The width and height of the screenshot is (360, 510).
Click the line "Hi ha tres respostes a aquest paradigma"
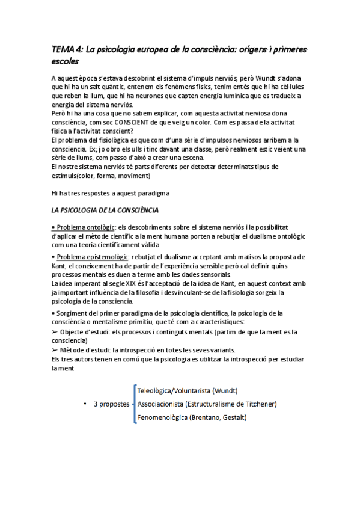(111, 193)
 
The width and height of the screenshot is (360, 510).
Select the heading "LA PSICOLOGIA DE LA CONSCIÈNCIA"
(105, 210)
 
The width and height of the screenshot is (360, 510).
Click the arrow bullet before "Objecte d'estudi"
(55, 332)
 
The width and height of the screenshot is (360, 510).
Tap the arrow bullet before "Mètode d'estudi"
(55, 351)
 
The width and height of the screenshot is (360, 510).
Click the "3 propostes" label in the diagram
(112, 404)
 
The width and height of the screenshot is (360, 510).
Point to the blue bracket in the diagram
(133, 404)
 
